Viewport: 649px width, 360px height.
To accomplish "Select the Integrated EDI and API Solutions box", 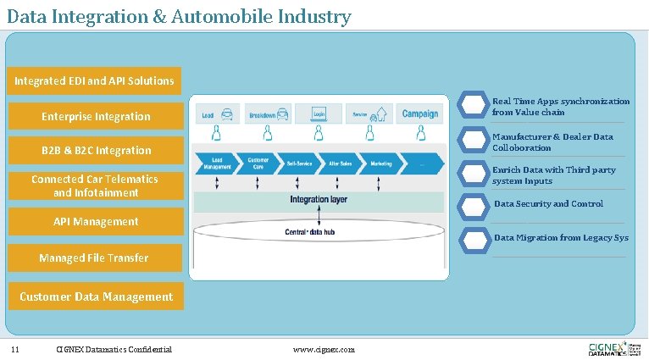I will tap(94, 81).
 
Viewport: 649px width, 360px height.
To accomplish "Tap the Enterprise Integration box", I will tap(96, 117).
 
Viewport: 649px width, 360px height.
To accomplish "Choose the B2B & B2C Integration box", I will tap(96, 151).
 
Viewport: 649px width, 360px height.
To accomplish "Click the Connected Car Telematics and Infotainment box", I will tap(95, 186).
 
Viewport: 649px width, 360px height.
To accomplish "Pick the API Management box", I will tap(95, 222).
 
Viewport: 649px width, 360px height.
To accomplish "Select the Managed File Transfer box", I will tap(94, 258).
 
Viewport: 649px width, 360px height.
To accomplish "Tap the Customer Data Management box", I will tap(96, 296).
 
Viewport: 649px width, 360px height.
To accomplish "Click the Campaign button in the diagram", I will tap(420, 114).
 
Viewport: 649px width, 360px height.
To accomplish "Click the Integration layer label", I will tap(319, 200).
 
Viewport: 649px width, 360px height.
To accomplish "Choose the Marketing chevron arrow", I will tap(380, 163).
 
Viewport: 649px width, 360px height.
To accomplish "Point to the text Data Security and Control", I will tap(548, 204).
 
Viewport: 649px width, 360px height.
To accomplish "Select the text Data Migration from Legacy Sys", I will tap(561, 238).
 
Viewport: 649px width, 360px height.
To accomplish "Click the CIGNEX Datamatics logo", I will tap(613, 349).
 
